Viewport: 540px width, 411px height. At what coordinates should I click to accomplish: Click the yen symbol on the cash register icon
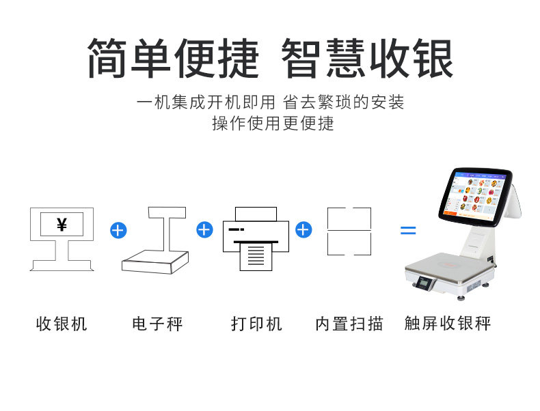coord(62,224)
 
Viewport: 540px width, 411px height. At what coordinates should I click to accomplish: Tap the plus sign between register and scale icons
coord(118,230)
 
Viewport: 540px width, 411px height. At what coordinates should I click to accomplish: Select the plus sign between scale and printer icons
coord(204,229)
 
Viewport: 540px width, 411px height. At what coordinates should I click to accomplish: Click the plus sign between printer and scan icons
coord(303,229)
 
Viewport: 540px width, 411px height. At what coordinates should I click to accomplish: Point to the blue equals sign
coord(407,231)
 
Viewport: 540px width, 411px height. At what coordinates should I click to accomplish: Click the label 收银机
coord(62,323)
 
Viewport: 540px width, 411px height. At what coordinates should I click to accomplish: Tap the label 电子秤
coord(158,323)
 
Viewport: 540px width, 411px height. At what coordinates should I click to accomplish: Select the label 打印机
coord(256,323)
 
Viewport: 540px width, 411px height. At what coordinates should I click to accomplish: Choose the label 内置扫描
coord(349,323)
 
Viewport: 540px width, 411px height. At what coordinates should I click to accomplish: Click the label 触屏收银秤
coord(448,323)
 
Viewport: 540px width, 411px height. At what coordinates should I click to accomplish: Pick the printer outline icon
coord(256,238)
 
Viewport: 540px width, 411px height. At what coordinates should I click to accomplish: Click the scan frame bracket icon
coord(349,231)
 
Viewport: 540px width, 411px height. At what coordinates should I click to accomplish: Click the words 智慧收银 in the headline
coord(367,59)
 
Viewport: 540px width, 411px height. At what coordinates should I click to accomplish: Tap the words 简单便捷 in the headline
coord(173,59)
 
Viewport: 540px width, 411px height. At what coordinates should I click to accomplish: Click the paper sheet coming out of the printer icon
coord(256,257)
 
